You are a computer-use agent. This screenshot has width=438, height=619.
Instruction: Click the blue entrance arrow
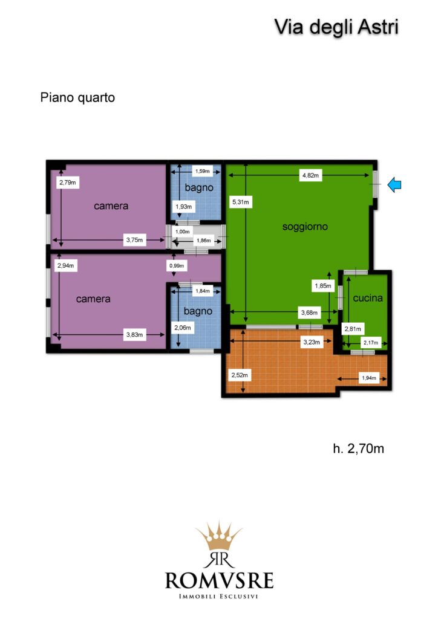tap(394, 185)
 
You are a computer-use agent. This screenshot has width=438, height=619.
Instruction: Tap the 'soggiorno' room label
tap(305, 227)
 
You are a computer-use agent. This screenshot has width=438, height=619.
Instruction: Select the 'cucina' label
tap(368, 298)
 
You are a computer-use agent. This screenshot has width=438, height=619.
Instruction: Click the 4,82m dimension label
tap(310, 175)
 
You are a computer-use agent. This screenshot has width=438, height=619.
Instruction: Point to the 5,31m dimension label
tap(241, 202)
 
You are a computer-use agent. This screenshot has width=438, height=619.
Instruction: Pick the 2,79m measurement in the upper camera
tap(68, 183)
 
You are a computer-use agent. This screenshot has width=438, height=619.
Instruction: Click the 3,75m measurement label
tap(134, 239)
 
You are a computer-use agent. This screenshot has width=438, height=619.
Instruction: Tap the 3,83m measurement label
tap(134, 335)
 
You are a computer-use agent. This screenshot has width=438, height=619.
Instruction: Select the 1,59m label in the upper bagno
tap(203, 171)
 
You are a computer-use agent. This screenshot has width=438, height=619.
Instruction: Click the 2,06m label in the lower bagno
tap(183, 328)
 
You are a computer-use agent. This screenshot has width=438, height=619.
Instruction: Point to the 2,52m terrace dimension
tap(240, 375)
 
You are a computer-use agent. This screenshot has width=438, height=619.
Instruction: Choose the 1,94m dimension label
tap(369, 378)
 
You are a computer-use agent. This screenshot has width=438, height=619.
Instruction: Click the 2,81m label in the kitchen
tap(353, 329)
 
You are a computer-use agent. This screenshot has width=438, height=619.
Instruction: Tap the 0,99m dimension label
tap(177, 266)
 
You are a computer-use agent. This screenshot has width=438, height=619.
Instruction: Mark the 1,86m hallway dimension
tap(204, 241)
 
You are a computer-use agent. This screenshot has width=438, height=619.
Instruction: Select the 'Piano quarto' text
tap(77, 97)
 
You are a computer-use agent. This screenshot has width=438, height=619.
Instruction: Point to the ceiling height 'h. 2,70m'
tap(358, 449)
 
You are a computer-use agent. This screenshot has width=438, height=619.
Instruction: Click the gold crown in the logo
tap(219, 536)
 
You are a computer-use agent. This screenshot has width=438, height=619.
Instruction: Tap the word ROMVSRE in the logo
tap(219, 581)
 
